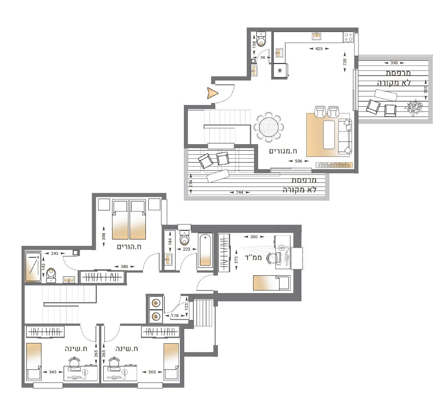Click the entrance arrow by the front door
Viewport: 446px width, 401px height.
[212, 93]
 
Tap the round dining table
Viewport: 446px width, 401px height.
[268, 127]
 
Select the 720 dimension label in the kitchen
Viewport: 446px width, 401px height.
[345, 62]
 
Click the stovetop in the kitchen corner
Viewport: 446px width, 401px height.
[348, 37]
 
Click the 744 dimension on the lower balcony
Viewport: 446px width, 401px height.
[239, 192]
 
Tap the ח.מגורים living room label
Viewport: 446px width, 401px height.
[283, 151]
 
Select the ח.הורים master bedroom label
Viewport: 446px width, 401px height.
[129, 247]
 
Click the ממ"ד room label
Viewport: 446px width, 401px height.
[253, 257]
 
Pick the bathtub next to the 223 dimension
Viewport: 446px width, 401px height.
[205, 250]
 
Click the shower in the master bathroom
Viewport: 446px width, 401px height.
[33, 267]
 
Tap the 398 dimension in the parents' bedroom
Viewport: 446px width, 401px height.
[104, 236]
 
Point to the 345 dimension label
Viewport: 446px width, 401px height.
[53, 372]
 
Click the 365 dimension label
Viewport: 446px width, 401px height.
[152, 372]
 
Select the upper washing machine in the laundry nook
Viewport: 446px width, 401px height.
[156, 303]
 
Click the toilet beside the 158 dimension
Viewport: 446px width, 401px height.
[261, 39]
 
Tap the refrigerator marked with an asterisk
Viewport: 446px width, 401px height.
[280, 71]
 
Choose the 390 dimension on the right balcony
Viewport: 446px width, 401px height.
[394, 63]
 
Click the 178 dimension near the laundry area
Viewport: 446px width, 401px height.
[175, 316]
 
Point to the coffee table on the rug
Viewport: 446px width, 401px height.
[329, 135]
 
